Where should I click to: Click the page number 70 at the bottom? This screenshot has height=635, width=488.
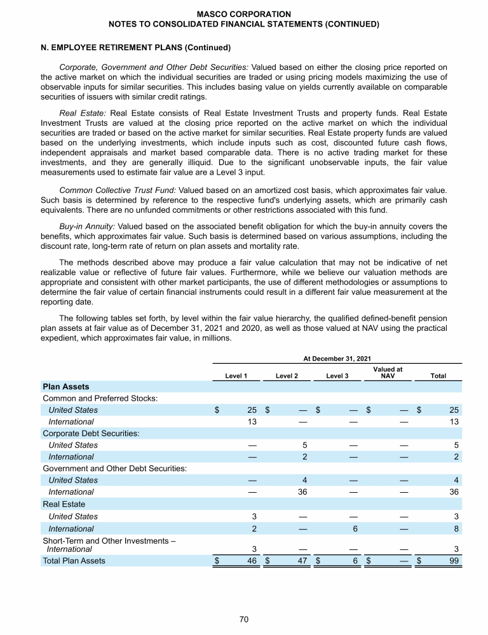(244, 620)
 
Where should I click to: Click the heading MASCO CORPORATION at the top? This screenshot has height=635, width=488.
(244, 13)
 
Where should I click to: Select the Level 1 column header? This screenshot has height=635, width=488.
(236, 376)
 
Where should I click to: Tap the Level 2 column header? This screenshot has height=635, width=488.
(287, 376)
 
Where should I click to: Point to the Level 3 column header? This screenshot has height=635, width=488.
(337, 376)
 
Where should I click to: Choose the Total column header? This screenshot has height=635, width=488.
(438, 376)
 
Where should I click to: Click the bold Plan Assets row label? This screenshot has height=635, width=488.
(65, 386)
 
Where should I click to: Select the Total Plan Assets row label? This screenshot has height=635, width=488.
(74, 560)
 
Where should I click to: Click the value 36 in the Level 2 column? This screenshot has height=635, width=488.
(303, 491)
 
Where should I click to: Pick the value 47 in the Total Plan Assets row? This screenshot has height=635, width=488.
(303, 560)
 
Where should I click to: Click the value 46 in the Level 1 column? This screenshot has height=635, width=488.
(252, 560)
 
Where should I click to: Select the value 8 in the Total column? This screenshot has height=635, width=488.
(457, 528)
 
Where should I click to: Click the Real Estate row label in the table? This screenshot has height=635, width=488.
(63, 504)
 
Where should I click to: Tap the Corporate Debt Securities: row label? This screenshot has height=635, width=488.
(91, 433)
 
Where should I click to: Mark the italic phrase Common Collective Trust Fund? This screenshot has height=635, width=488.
(118, 190)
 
